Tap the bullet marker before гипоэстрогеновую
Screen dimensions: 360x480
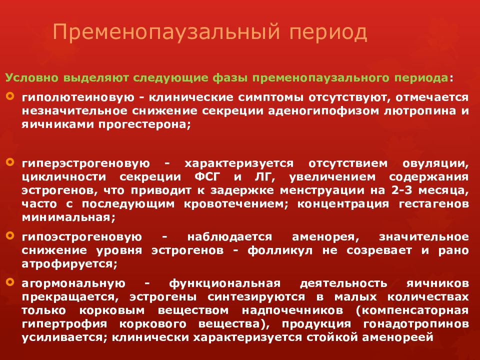click(x=10, y=234)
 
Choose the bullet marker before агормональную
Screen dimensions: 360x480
click(x=10, y=282)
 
